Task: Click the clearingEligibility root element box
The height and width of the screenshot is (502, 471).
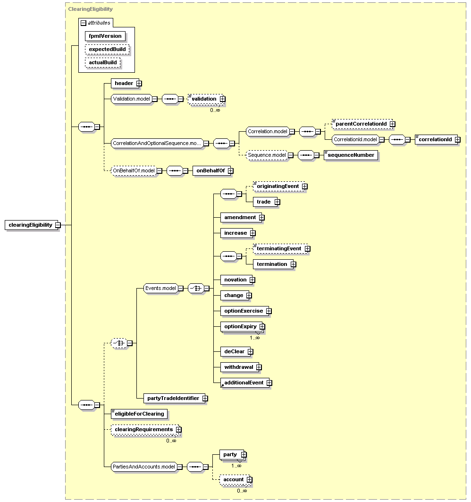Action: pos(31,225)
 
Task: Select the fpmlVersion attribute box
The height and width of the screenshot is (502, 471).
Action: pos(105,36)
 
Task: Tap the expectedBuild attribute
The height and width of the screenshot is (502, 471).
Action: pos(107,49)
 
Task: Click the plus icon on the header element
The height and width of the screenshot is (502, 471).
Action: pos(139,83)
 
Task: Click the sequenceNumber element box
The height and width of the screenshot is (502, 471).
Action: pos(351,155)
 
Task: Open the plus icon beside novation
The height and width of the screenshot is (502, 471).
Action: pos(252,280)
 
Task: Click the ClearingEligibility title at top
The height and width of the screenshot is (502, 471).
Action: pos(90,9)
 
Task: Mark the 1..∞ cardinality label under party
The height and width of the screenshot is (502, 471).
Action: pos(236,466)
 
